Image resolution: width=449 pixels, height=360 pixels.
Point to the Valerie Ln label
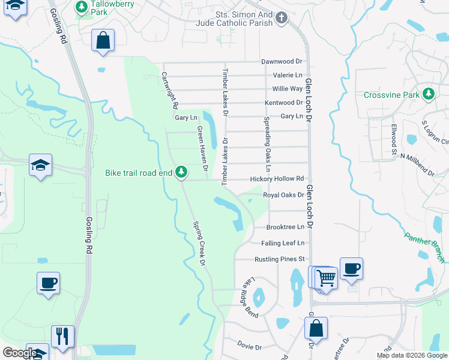[x=288, y=76]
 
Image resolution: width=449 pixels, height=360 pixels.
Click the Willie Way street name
[x=288, y=89]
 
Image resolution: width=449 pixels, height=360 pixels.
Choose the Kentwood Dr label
[x=284, y=103]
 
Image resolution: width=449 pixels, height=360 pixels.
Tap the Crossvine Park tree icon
[x=428, y=94]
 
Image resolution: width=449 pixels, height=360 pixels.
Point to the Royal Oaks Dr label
[x=283, y=195]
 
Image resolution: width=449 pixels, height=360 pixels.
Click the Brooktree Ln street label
[x=285, y=227]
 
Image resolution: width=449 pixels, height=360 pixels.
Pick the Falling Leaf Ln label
[x=283, y=243]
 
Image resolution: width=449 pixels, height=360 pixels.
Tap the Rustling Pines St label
[x=280, y=259]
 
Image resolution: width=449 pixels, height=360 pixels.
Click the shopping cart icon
[x=325, y=278]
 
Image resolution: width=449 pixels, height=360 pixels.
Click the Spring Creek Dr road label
[x=199, y=244]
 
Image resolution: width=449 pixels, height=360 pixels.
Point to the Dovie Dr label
[x=249, y=347]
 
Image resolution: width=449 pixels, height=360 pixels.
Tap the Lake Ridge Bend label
[x=250, y=298]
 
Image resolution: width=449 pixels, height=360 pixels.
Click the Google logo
[x=20, y=353]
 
